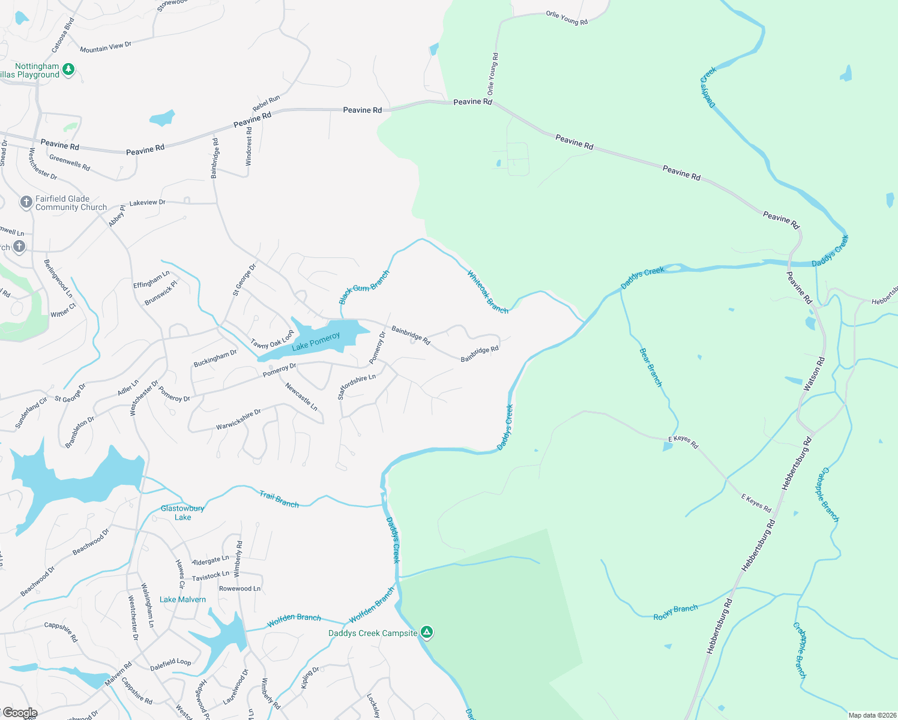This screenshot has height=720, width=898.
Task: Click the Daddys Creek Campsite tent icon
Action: [426, 632]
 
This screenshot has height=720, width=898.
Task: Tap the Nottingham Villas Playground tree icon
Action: [68, 70]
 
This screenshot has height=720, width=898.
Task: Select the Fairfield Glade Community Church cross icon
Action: [26, 202]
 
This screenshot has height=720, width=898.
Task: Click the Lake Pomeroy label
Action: [316, 342]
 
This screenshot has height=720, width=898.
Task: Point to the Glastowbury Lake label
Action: [182, 512]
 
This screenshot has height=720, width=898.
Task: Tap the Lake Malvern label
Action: [182, 599]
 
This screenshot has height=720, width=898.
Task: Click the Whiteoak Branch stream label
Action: [487, 293]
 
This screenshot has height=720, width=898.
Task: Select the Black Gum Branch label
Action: [364, 287]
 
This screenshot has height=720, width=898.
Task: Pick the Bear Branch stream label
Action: [651, 367]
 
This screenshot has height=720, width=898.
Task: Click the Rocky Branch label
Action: [675, 612]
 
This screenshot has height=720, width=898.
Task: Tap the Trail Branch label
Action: [279, 499]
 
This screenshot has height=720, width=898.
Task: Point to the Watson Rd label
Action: [814, 373]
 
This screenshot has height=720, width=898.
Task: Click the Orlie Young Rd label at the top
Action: [567, 18]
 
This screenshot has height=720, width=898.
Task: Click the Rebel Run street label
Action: [266, 103]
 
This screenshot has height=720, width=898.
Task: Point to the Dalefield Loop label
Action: [170, 664]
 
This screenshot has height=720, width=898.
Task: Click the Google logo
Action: [20, 713]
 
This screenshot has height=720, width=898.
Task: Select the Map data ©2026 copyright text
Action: [870, 715]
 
